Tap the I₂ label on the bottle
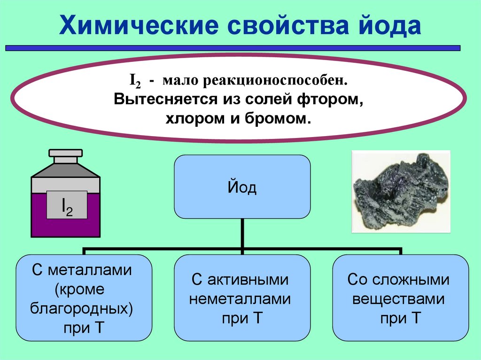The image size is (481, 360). pyautogui.click(x=67, y=205)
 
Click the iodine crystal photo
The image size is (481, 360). pyautogui.click(x=401, y=191)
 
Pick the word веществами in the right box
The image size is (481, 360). pyautogui.click(x=399, y=299)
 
